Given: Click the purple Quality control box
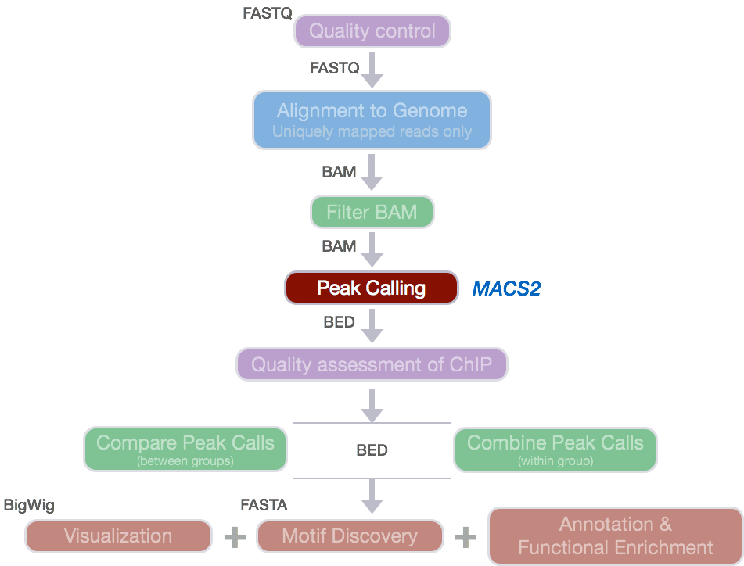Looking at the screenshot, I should tap(372, 31).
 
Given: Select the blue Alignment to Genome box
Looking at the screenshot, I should tap(372, 120).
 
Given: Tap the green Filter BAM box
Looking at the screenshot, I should tap(372, 212).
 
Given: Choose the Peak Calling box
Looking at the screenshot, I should tap(371, 288).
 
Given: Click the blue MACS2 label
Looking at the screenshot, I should tap(506, 289).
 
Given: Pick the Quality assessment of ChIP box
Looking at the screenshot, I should tap(372, 364).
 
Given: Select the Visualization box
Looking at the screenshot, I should tap(118, 536).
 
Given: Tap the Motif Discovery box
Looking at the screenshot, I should tap(350, 536).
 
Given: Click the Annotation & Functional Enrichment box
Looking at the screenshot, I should tap(615, 536).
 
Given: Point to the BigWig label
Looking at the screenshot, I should tap(29, 506).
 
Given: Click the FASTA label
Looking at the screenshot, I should tap(264, 506).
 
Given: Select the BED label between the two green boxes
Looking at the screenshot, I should tap(372, 450).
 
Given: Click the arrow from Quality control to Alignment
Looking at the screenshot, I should tap(372, 70).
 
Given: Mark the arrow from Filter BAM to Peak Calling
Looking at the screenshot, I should tap(372, 250).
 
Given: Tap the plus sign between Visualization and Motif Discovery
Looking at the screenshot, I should tap(234, 536).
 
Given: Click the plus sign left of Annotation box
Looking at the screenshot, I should tap(465, 536).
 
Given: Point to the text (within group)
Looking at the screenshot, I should tap(555, 461).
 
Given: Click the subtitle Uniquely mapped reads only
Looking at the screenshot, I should tap(372, 131).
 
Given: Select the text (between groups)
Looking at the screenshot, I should tap(185, 461).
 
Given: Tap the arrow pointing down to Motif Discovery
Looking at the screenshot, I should tap(372, 496).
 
